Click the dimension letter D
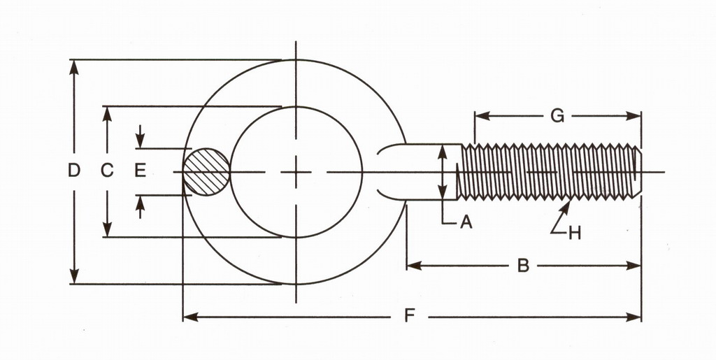(74, 170)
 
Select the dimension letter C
(107, 170)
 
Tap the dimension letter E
(140, 170)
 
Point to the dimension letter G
(557, 116)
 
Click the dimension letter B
(523, 266)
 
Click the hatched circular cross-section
(206, 171)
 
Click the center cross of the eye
(296, 171)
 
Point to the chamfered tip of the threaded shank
(637, 171)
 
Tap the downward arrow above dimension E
(140, 142)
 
